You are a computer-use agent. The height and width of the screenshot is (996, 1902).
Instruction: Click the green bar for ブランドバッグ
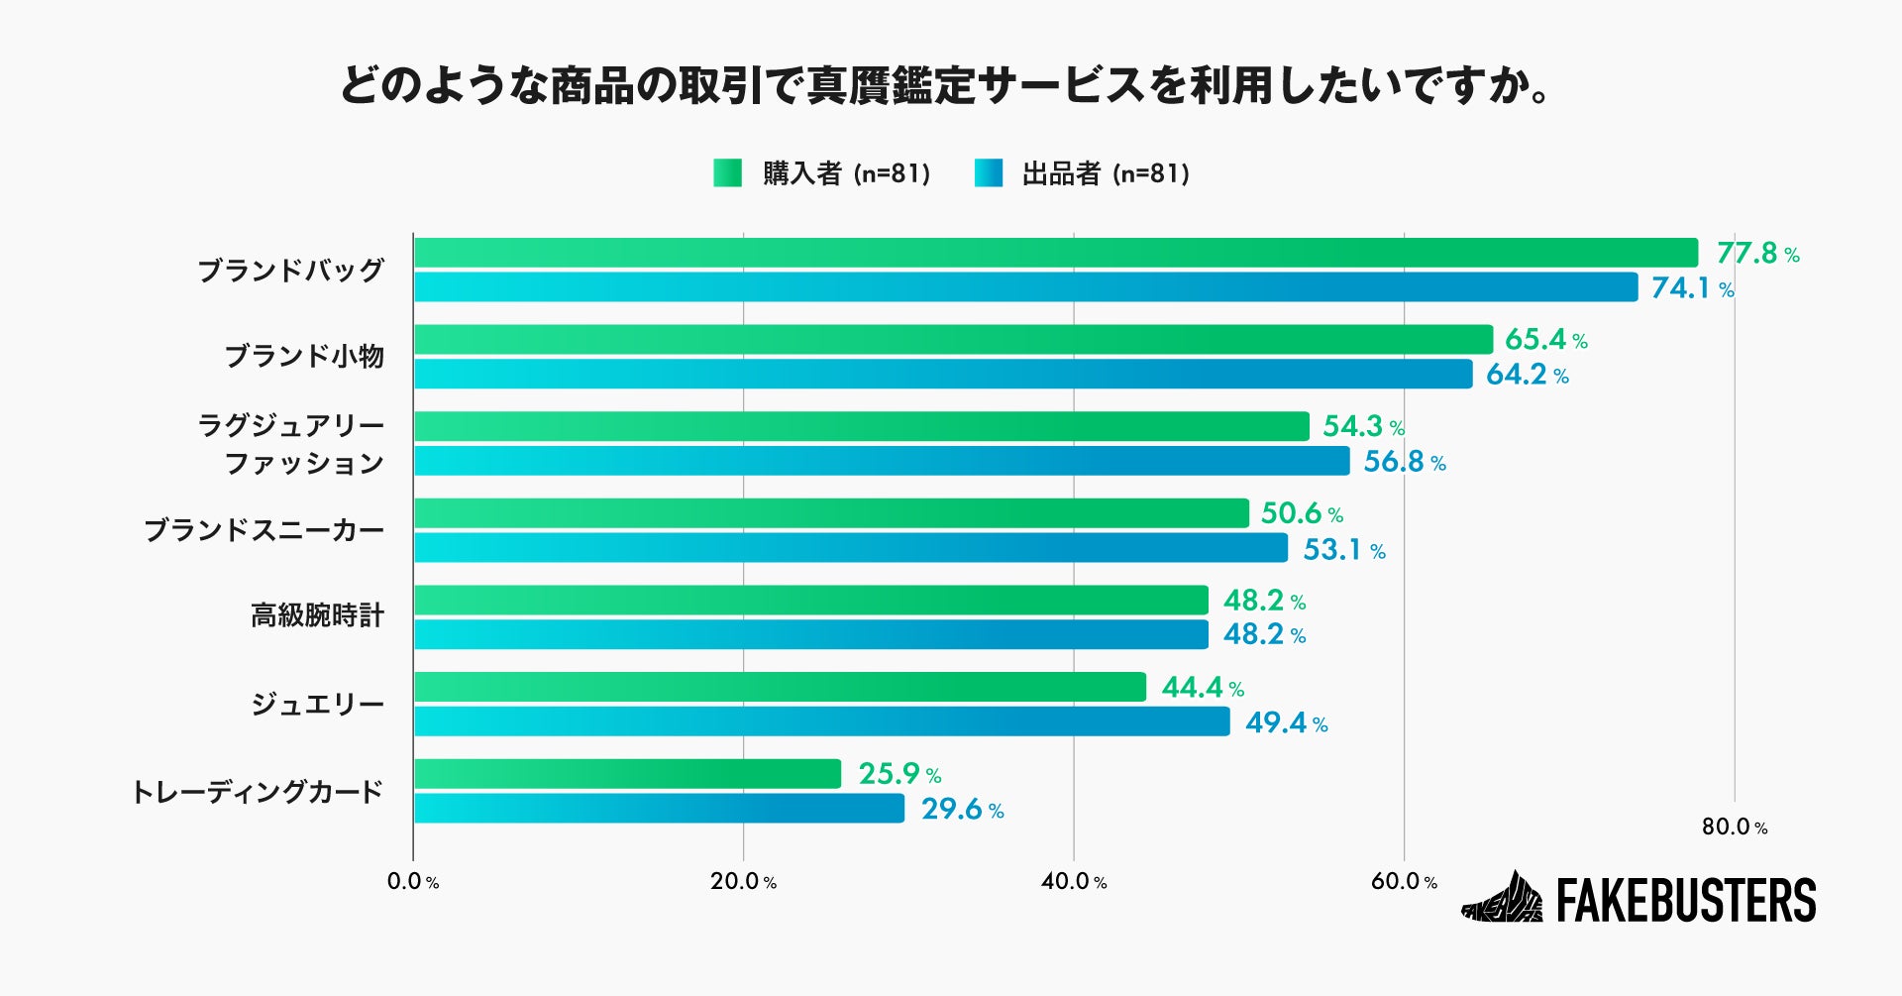point(1055,253)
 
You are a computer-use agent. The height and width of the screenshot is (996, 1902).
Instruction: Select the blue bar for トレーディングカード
point(659,809)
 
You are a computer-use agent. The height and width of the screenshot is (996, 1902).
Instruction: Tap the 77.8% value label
point(1756,254)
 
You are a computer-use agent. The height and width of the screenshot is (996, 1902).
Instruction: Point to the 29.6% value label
point(962,810)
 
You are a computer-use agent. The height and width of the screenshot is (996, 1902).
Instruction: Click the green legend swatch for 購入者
point(727,173)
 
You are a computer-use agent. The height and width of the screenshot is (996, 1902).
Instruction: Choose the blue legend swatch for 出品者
point(988,173)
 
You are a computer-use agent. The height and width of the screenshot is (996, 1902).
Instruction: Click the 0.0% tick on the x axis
point(412,882)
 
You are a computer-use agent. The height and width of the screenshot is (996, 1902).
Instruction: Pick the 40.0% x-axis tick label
point(1073,882)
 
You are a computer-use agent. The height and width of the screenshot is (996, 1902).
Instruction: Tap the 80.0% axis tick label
point(1734,828)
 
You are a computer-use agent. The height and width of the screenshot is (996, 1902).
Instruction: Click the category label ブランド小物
point(304,357)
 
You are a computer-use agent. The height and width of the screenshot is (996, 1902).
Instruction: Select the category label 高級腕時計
point(317,616)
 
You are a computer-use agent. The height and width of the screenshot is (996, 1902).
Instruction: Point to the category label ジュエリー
point(317,705)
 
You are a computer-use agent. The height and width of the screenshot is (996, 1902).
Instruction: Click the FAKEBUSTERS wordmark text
point(1686,901)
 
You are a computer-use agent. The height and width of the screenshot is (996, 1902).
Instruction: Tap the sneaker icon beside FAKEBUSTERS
point(1502,898)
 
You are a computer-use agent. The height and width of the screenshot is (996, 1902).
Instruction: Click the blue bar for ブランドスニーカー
point(850,548)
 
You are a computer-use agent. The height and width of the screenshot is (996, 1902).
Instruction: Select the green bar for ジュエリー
point(780,687)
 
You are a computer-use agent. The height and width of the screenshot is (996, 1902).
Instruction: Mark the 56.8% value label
point(1404,462)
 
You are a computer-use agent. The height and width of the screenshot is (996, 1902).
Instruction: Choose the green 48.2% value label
point(1263,601)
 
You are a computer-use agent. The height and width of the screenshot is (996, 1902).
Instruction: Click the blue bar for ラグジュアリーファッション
point(882,461)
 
